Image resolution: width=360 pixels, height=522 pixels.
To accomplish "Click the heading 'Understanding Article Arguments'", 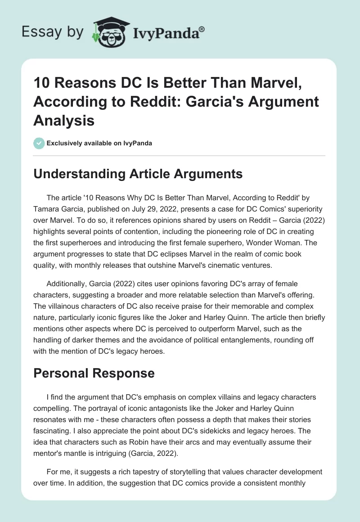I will pyautogui.click(x=138, y=174).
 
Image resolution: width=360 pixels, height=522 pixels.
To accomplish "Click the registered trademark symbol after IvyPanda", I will pyautogui.click(x=202, y=28).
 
